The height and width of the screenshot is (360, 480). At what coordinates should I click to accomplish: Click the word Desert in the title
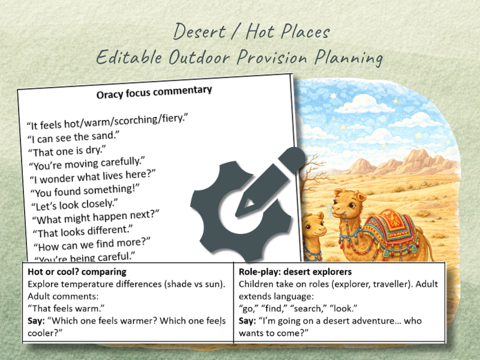click(x=199, y=31)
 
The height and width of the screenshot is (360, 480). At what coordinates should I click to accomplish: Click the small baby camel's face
click(x=313, y=226)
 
